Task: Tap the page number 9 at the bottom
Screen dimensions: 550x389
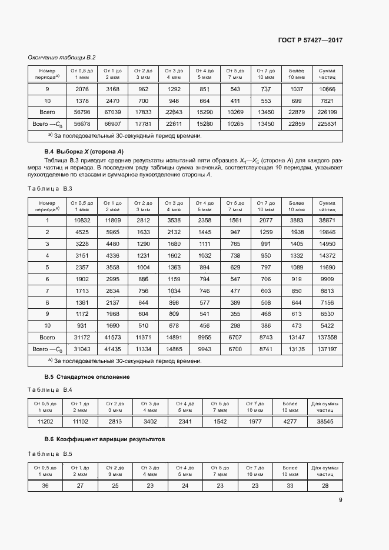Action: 341,501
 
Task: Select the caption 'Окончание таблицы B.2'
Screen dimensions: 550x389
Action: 62,57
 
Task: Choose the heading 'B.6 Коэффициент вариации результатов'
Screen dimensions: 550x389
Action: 105,439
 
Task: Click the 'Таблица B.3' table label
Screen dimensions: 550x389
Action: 50,188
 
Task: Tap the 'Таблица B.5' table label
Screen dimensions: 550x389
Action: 50,454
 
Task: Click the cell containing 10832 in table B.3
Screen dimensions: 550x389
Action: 82,220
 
